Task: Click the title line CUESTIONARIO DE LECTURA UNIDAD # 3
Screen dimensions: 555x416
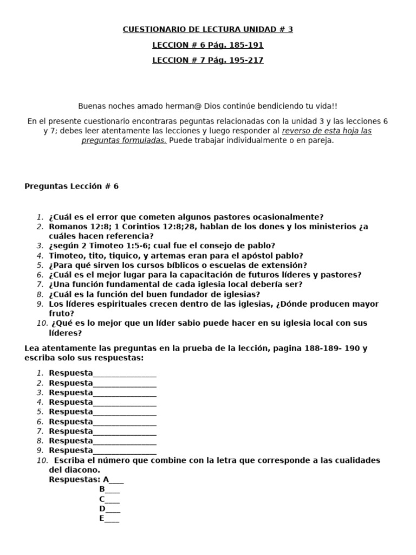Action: pyautogui.click(x=208, y=29)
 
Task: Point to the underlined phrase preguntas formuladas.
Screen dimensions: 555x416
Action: pyautogui.click(x=124, y=140)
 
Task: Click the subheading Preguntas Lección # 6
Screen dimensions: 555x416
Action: pyautogui.click(x=71, y=186)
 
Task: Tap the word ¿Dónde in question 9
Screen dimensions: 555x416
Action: pyautogui.click(x=290, y=304)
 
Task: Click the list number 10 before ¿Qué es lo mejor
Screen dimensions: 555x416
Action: pyautogui.click(x=42, y=323)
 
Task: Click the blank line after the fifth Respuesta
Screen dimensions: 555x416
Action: pyautogui.click(x=125, y=413)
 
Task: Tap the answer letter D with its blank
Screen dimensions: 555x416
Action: pyautogui.click(x=109, y=509)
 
